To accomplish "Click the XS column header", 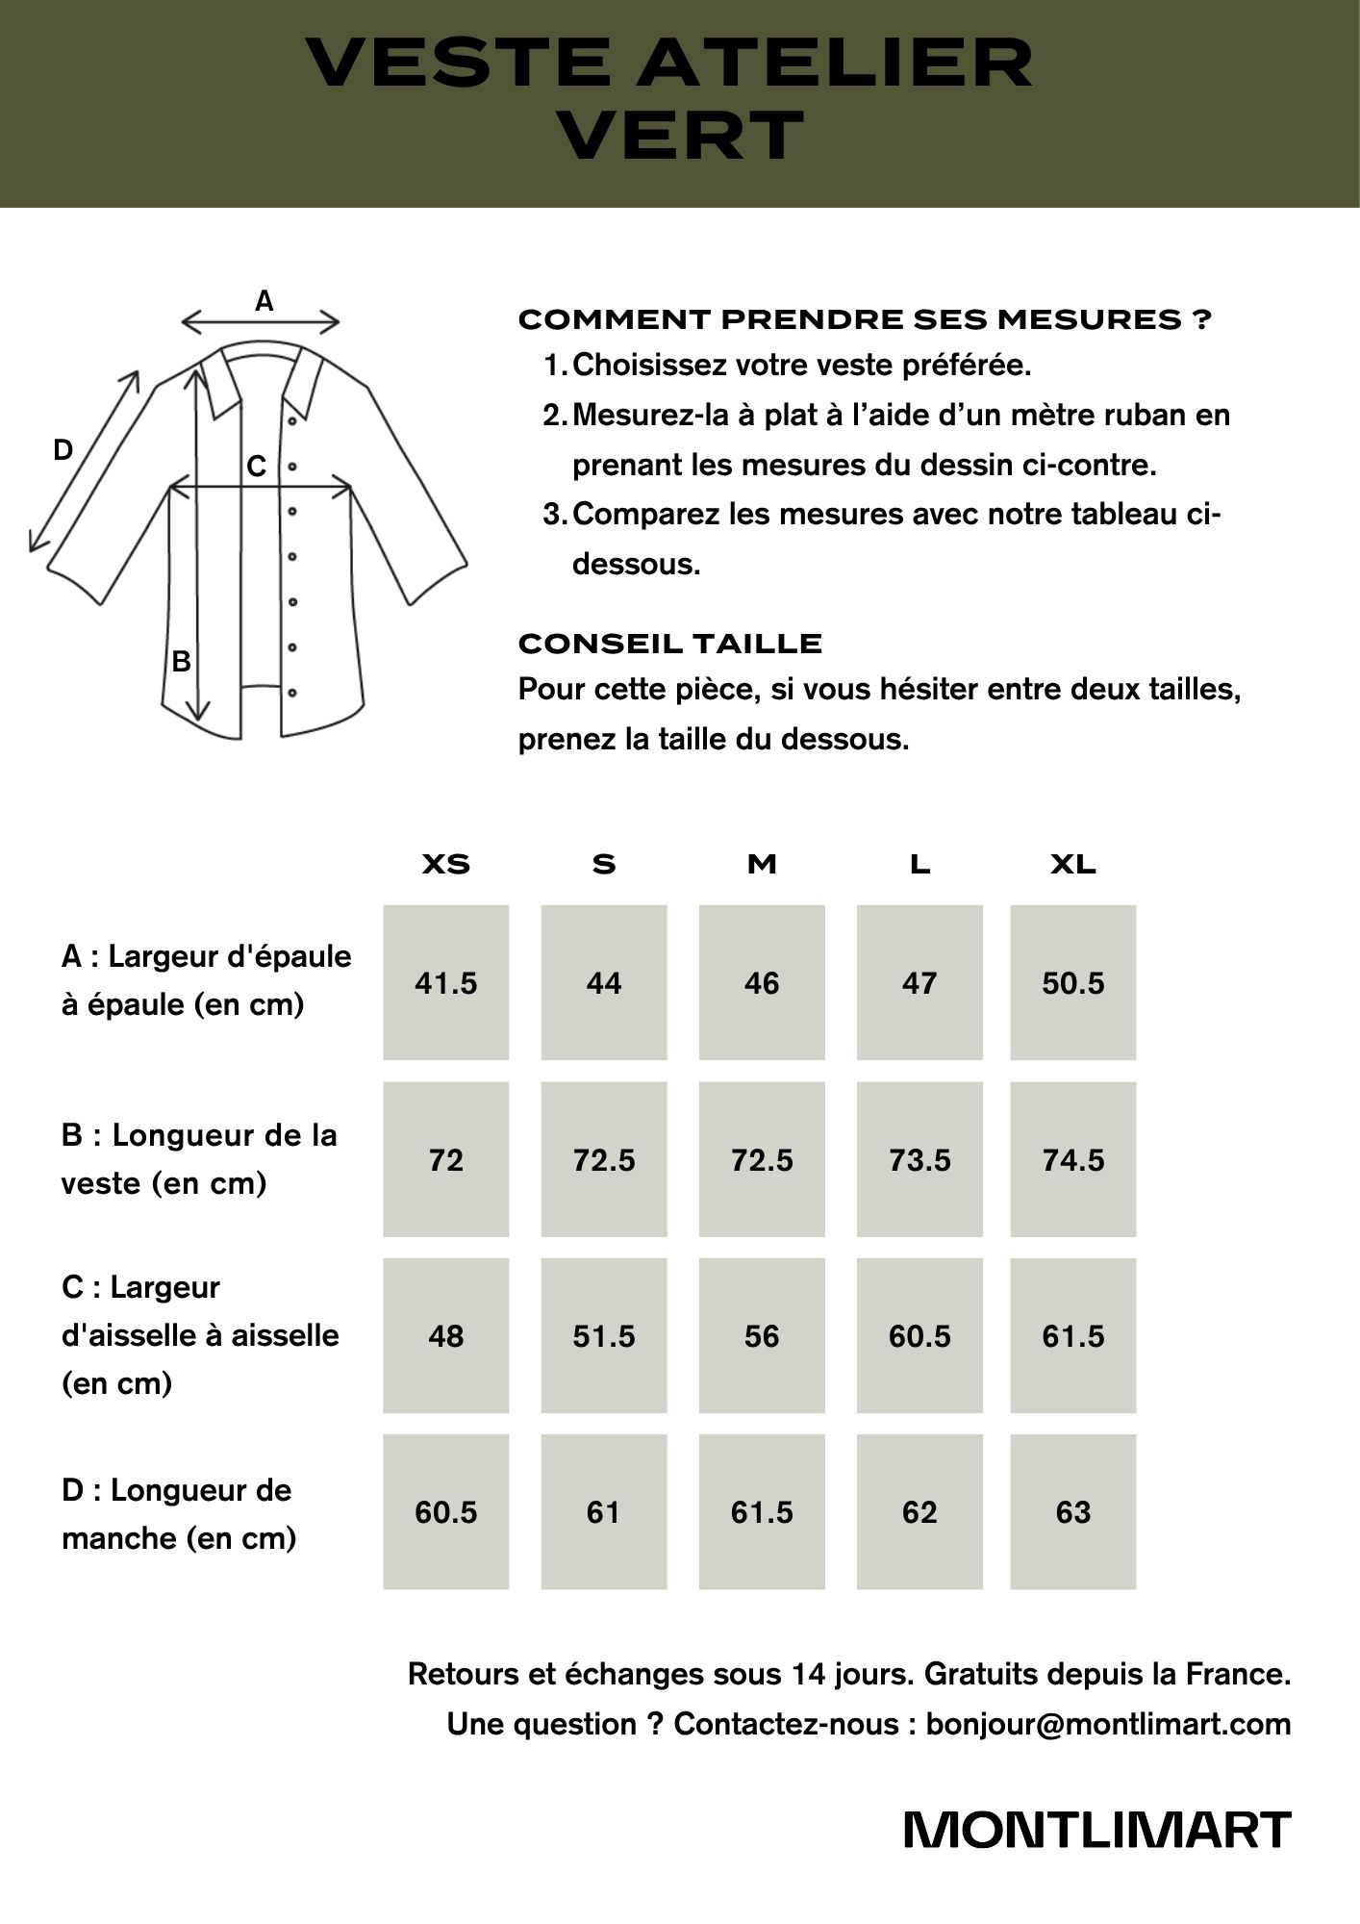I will tap(446, 864).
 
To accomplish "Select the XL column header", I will tap(1073, 864).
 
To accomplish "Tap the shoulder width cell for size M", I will tap(762, 983).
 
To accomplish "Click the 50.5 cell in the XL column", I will tap(1073, 983).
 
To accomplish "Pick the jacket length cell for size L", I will tap(919, 1160).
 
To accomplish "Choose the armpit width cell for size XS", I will tap(446, 1336).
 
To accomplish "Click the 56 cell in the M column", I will tap(762, 1336).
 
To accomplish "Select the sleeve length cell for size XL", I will tap(1073, 1512).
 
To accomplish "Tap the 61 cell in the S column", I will tap(604, 1512).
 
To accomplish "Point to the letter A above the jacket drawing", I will tap(264, 301).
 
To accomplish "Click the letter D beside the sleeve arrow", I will tap(63, 449).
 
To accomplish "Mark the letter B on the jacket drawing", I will tap(181, 662).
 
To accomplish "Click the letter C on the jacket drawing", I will tap(256, 467).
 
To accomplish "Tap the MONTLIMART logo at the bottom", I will tap(1096, 1831).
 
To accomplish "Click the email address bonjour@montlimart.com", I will tap(1108, 1724).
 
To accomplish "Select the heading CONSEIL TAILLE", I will tap(669, 644).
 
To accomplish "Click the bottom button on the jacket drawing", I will tap(291, 692).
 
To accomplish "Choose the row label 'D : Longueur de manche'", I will tap(179, 1513).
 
